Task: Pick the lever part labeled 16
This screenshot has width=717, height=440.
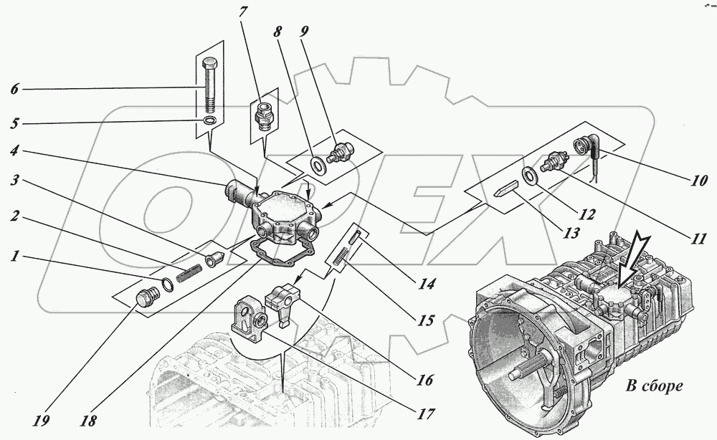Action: pos(280,301)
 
